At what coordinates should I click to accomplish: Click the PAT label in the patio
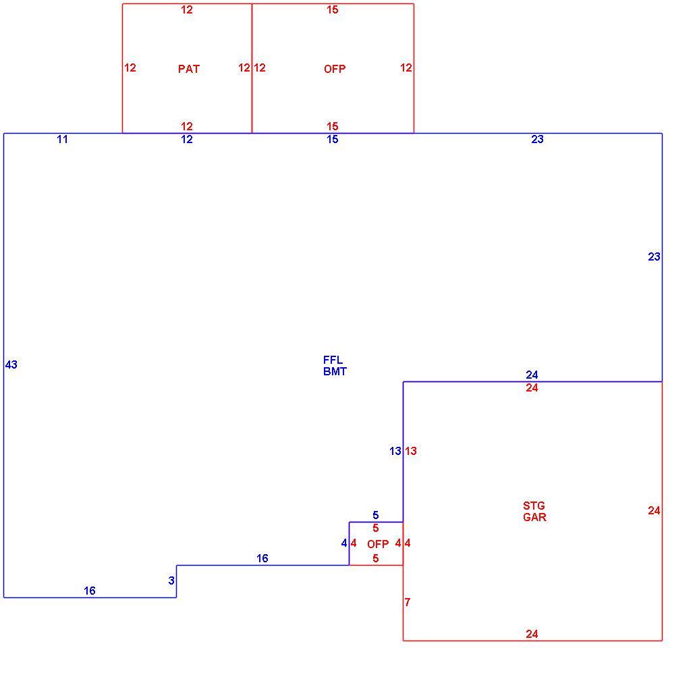(189, 69)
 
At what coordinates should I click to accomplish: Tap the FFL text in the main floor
(333, 360)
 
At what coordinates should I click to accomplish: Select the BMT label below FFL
(335, 371)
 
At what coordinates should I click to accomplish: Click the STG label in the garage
(534, 506)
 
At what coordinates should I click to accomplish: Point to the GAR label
(534, 517)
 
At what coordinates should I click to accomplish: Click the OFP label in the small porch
(378, 544)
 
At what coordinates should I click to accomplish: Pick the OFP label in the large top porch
(335, 69)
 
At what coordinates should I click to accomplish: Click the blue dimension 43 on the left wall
(11, 364)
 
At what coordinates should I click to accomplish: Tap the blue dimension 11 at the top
(63, 139)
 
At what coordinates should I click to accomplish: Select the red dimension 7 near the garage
(408, 602)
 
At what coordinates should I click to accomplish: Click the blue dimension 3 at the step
(171, 580)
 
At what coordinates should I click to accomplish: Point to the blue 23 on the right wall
(655, 256)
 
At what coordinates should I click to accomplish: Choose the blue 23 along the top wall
(538, 139)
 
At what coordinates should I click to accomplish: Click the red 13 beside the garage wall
(411, 451)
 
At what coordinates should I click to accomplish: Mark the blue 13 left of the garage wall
(395, 451)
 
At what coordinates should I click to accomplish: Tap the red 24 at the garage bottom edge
(532, 634)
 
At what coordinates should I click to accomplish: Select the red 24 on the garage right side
(655, 511)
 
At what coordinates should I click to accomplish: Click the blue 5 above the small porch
(376, 515)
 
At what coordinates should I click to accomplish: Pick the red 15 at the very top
(333, 9)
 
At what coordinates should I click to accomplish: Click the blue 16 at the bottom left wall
(90, 591)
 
